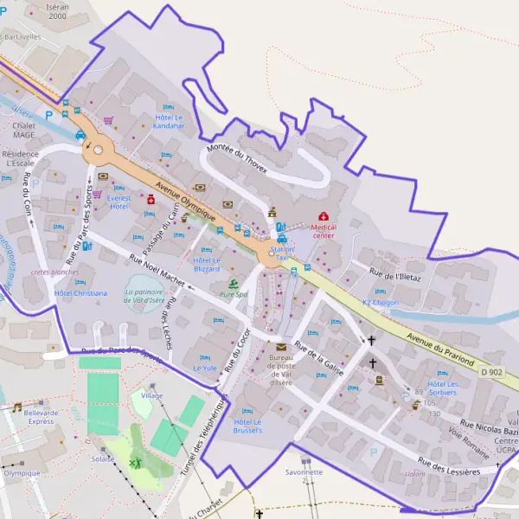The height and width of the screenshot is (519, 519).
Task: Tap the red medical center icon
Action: click(x=324, y=215)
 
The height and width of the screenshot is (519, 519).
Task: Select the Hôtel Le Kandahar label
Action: click(x=170, y=121)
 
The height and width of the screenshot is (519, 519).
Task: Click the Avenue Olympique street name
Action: click(x=185, y=199)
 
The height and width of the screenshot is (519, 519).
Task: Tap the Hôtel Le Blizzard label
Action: click(x=206, y=264)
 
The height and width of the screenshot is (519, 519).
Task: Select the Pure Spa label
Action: click(x=234, y=295)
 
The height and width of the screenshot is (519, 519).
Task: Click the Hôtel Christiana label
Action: click(x=80, y=293)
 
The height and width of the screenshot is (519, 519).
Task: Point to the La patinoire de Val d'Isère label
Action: click(x=150, y=296)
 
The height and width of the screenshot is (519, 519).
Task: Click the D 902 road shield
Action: click(x=490, y=372)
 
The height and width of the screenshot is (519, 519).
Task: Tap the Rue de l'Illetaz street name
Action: click(x=395, y=276)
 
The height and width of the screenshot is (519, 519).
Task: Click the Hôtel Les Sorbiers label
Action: click(x=441, y=388)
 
